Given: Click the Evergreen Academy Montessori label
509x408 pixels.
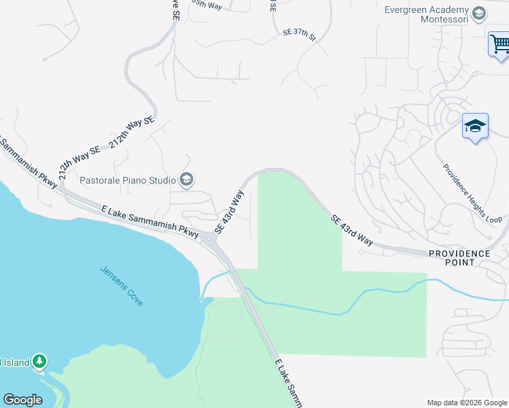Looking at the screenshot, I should [x=427, y=16].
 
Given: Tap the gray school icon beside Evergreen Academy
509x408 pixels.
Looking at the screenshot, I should [x=479, y=12].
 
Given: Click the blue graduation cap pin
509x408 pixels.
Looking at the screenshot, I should [x=475, y=126].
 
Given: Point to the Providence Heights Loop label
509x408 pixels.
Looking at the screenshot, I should [x=472, y=193].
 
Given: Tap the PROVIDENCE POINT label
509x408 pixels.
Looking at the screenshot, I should [x=459, y=254].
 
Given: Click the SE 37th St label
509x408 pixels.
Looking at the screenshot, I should [x=299, y=34].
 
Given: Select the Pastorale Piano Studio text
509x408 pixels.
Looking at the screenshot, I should [x=127, y=180].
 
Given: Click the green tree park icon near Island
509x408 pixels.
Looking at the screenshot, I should [x=39, y=361].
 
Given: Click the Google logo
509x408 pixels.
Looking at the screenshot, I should [x=22, y=400].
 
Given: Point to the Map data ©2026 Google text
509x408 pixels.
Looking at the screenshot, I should [x=466, y=403].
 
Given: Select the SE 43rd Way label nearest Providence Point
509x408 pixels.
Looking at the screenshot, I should [x=352, y=230].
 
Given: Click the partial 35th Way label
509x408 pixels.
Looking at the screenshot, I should [x=207, y=5].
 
